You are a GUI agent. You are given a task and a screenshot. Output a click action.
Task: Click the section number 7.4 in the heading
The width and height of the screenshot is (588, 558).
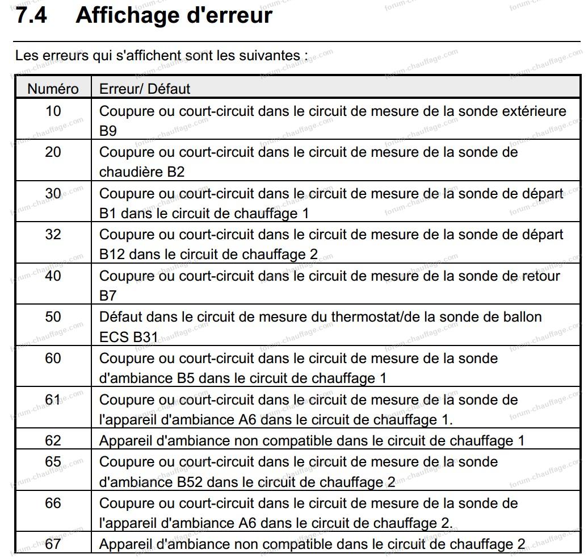pyautogui.click(x=31, y=15)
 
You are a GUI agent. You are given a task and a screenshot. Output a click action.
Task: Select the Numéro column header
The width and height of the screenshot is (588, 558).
pyautogui.click(x=53, y=89)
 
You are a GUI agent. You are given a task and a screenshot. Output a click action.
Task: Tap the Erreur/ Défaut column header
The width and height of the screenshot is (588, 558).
pyautogui.click(x=145, y=89)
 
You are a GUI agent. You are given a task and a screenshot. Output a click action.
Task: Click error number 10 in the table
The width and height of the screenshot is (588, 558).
pyautogui.click(x=53, y=110)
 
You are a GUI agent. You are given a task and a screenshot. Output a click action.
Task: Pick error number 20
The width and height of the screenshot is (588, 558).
pyautogui.click(x=53, y=152)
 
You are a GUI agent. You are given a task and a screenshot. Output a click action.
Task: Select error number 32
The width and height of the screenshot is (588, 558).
pyautogui.click(x=53, y=234)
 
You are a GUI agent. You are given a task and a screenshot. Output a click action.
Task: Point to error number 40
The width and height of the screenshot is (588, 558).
pyautogui.click(x=53, y=276)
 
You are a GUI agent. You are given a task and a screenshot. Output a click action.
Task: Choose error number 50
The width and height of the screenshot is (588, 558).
pyautogui.click(x=53, y=317)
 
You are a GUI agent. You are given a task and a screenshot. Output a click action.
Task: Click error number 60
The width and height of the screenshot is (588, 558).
pyautogui.click(x=53, y=358)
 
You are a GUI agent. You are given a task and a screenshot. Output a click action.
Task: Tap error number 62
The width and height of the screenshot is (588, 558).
pyautogui.click(x=53, y=440)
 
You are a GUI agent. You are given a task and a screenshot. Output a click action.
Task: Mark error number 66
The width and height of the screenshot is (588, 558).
pyautogui.click(x=53, y=503)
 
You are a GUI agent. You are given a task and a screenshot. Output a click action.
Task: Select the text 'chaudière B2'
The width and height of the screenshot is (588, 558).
pyautogui.click(x=142, y=172)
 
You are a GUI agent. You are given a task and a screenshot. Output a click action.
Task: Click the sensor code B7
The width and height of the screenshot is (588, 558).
pyautogui.click(x=108, y=295)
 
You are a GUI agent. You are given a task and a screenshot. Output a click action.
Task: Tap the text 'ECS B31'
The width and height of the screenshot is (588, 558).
pyautogui.click(x=128, y=337)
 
